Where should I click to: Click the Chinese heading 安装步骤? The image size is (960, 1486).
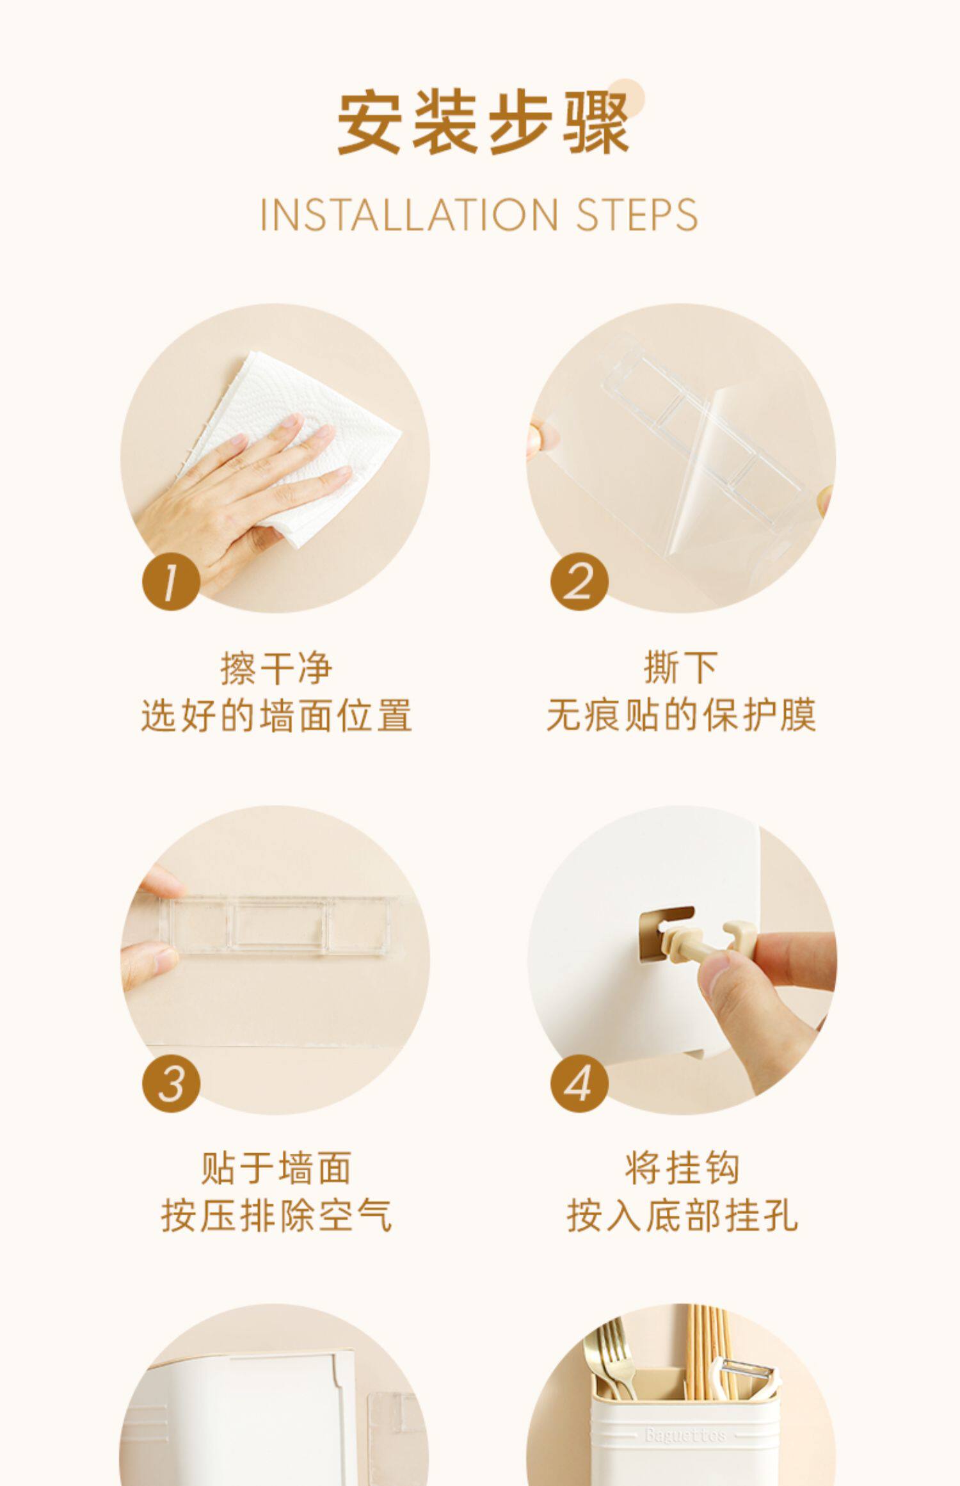click(x=483, y=124)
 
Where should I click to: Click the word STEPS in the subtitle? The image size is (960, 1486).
click(x=637, y=215)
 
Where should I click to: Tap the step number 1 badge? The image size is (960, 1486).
click(x=171, y=582)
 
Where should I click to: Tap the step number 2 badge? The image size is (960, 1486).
click(x=580, y=582)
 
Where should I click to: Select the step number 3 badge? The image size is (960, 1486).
click(x=171, y=1083)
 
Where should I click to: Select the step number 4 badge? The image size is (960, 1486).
click(x=580, y=1083)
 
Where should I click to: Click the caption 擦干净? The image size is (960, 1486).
click(x=276, y=667)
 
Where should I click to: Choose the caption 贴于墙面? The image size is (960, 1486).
click(x=276, y=1168)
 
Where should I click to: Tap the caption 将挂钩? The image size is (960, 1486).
click(x=682, y=1168)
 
